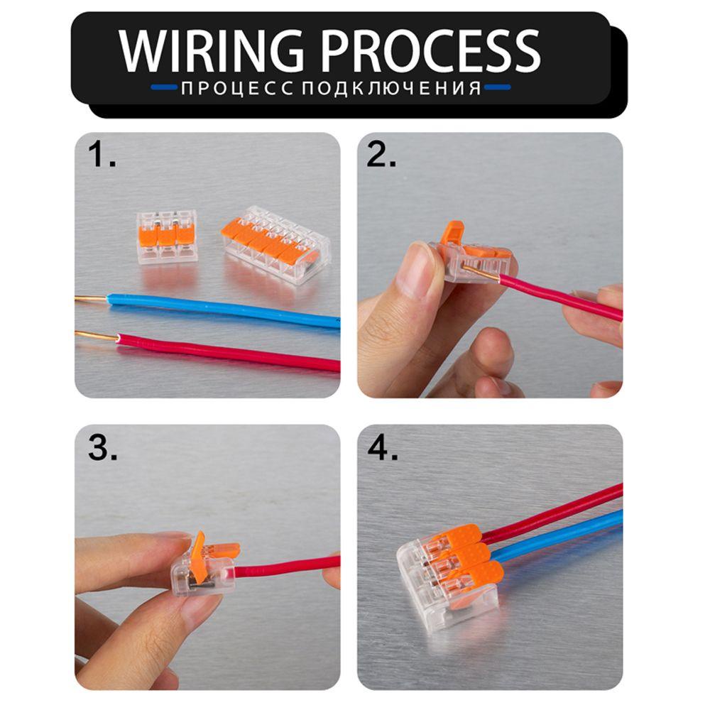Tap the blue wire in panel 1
pos(227,310)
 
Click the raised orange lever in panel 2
pos(452,232)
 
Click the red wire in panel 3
pos(284,567)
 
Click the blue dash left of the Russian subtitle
pos(164,89)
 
